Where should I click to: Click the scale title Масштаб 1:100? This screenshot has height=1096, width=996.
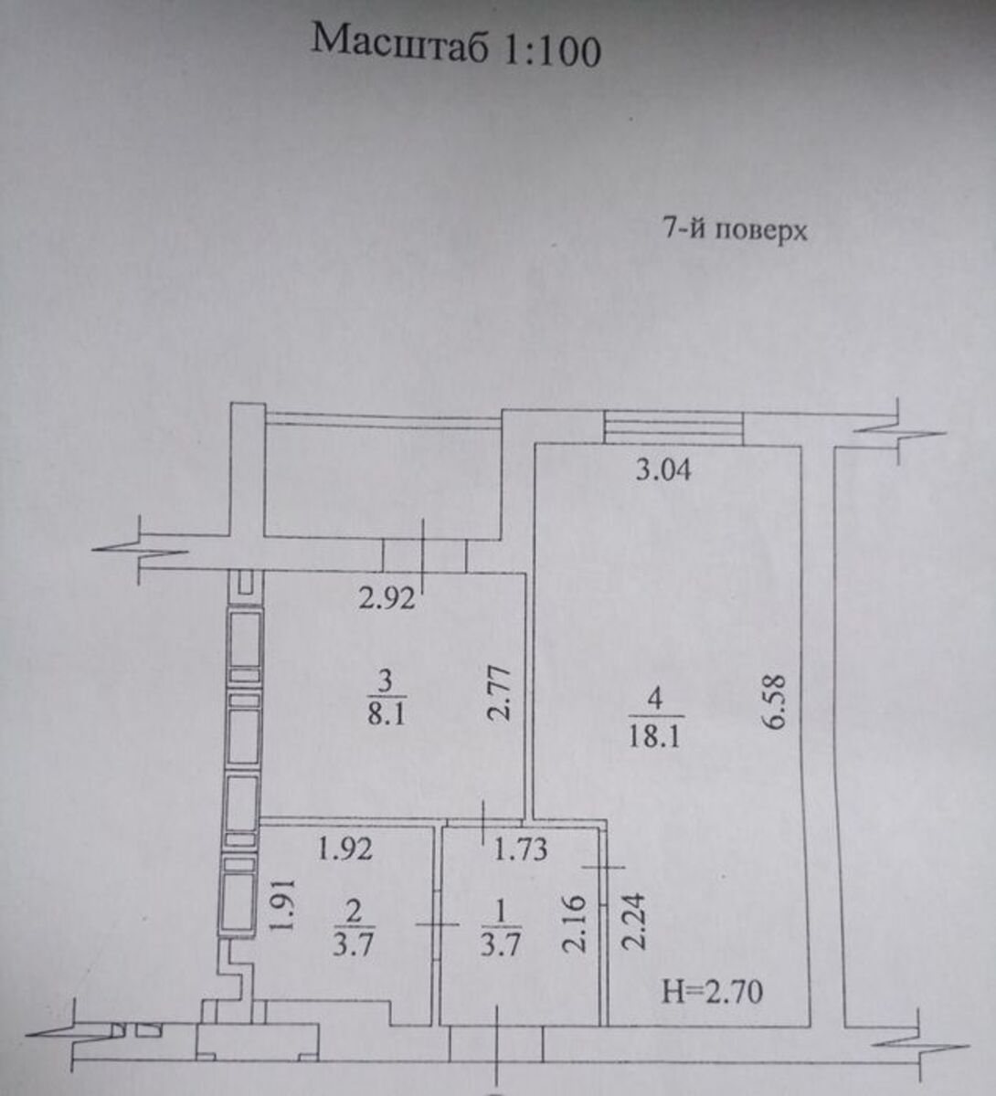(456, 47)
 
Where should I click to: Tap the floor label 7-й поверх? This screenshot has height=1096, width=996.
(736, 231)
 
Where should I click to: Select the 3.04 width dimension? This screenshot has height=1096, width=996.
(663, 470)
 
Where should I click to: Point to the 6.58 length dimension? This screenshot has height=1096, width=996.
(775, 702)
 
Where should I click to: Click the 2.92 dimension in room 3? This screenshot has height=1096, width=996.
(387, 599)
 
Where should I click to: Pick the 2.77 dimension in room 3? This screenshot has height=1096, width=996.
(499, 694)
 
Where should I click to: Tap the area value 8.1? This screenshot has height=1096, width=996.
(386, 714)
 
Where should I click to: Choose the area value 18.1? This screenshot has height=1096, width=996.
(654, 738)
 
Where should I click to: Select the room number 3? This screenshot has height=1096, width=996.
(386, 680)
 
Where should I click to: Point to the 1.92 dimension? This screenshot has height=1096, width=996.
(344, 849)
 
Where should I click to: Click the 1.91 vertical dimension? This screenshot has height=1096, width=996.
(283, 905)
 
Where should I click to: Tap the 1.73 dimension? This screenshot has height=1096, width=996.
(521, 850)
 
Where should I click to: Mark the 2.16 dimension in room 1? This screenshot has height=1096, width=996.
(574, 924)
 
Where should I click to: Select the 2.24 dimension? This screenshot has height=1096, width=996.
(633, 922)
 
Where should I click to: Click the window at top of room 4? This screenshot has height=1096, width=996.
(673, 427)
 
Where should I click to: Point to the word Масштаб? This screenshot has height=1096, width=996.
(398, 41)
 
